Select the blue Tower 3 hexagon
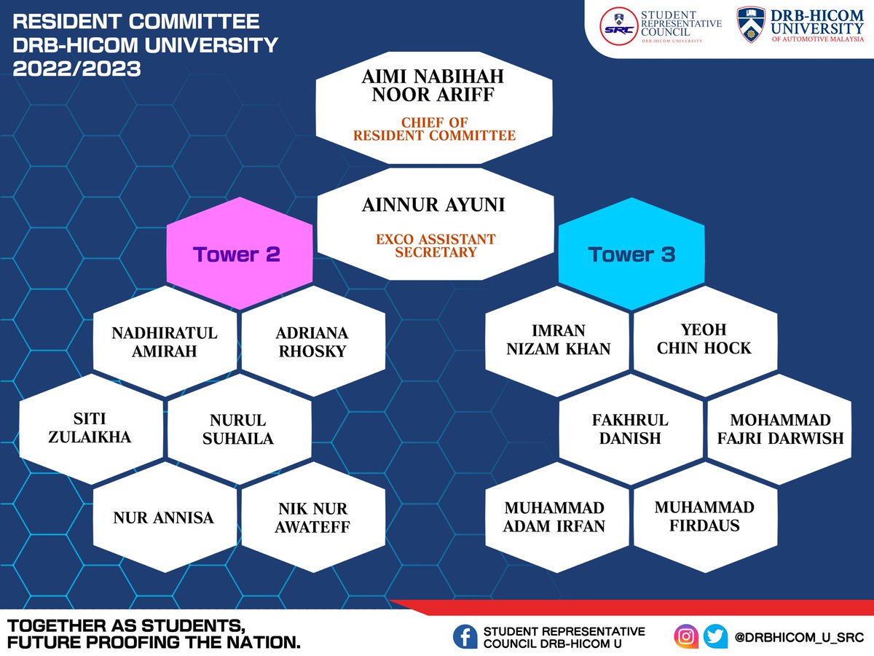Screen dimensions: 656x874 pos(631,254)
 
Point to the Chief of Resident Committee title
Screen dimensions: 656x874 pos(434,129)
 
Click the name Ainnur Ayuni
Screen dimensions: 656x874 pos(433,205)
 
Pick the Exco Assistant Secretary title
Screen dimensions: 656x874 pos(435,246)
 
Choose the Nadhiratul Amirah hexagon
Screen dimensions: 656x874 pos(165,341)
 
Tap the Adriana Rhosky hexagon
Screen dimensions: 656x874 pos(312,341)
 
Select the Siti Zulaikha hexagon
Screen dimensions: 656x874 pos(91,429)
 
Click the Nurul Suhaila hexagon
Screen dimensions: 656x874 pos(238,429)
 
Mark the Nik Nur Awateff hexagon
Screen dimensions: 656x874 pos(312,517)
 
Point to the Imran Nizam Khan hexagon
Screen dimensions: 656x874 pos(558,340)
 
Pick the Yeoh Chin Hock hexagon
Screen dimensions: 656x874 pos(704,339)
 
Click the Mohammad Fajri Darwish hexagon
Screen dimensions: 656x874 pos(779,429)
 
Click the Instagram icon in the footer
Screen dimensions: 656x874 pos(686,636)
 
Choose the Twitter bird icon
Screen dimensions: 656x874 pos(715,636)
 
